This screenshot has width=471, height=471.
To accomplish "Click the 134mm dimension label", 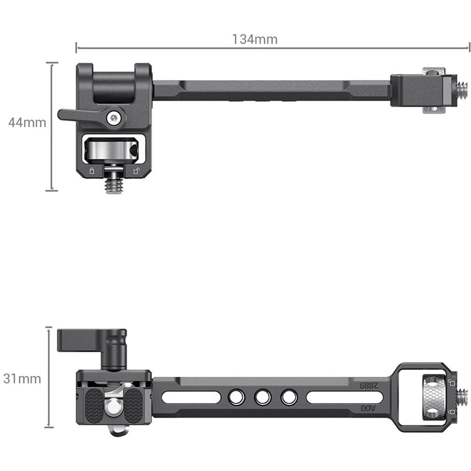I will [x=254, y=39].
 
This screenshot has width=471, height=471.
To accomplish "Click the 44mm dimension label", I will [x=27, y=123].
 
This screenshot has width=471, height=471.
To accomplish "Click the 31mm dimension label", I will [x=22, y=379].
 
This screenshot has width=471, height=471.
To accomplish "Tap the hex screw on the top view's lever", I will [x=114, y=118].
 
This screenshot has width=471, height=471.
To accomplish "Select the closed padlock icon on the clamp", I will [x=91, y=171].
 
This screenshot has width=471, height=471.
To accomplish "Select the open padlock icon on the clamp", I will [x=136, y=171].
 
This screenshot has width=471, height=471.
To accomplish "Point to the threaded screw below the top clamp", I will [x=113, y=184].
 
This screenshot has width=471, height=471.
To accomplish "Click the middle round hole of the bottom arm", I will [x=261, y=398].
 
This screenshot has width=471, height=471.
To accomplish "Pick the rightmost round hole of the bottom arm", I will [x=288, y=398].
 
